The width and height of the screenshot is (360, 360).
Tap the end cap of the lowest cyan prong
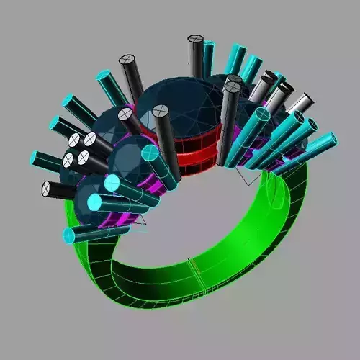(x=70, y=235)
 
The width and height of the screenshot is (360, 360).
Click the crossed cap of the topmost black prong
(x=194, y=40)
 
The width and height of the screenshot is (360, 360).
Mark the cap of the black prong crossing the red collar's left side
(x=160, y=112)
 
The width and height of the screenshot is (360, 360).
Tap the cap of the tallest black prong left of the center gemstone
(x=127, y=60)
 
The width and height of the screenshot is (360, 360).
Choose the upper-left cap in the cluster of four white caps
(x=74, y=140)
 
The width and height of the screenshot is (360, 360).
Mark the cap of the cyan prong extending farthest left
(x=35, y=156)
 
